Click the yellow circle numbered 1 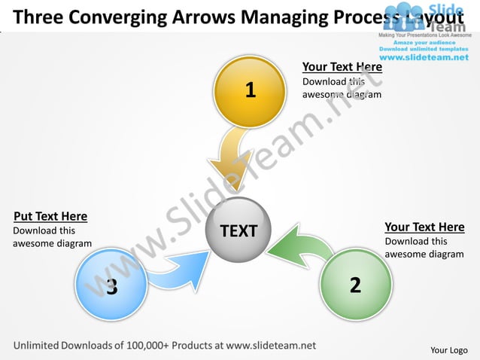click(250, 91)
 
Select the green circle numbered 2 click(355, 285)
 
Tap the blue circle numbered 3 click(111, 285)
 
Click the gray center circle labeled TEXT click(238, 231)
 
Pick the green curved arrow click(301, 246)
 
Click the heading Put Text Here click(50, 217)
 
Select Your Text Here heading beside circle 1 click(342, 67)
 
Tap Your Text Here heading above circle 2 click(424, 227)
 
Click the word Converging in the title click(124, 16)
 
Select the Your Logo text click(449, 349)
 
